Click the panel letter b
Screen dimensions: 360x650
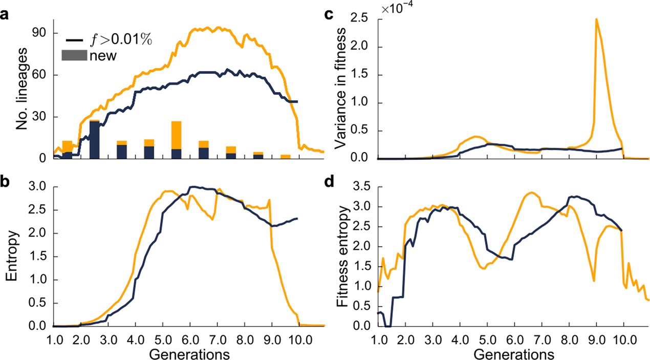[x=5, y=181]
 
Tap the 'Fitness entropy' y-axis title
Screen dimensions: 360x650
[x=344, y=256]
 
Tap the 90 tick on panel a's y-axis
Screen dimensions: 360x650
[x=41, y=33]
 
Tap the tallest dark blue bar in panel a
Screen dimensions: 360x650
[x=95, y=140]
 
